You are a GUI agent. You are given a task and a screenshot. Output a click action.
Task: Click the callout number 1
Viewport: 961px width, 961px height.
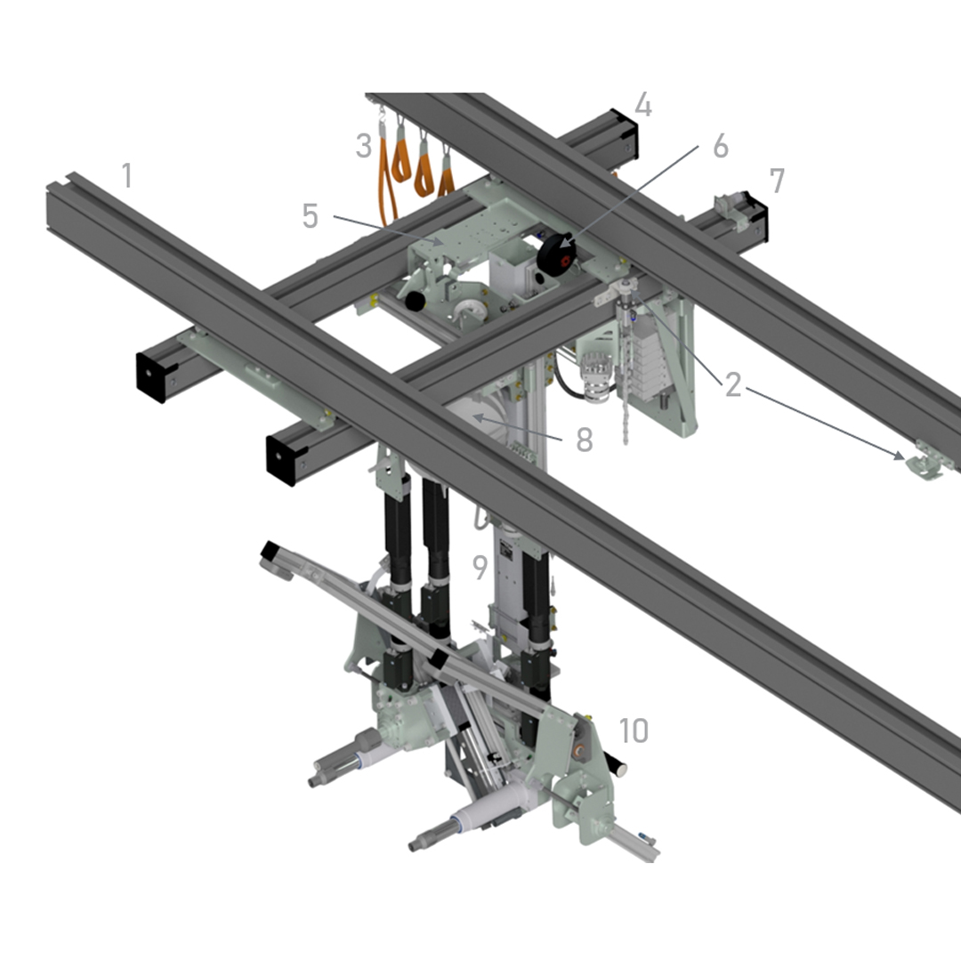point(127,175)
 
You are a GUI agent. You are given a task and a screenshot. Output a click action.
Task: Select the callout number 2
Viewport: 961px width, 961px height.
point(733,385)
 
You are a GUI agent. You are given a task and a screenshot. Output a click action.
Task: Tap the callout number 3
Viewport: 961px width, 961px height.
point(364,146)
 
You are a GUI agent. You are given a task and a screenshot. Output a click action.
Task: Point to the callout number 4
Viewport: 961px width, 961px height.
point(643,105)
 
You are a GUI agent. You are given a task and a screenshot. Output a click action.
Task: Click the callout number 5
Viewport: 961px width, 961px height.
point(311,215)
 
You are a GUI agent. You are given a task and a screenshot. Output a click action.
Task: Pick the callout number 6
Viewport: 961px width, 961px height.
point(721,146)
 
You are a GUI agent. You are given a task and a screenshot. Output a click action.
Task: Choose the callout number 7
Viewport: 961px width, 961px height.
point(777,181)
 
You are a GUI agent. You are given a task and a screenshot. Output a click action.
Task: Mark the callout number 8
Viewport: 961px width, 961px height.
point(585,440)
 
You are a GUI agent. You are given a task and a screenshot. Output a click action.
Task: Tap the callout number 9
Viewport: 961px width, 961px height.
point(480,567)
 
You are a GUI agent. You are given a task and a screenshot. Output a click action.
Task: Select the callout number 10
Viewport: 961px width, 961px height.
point(634,730)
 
